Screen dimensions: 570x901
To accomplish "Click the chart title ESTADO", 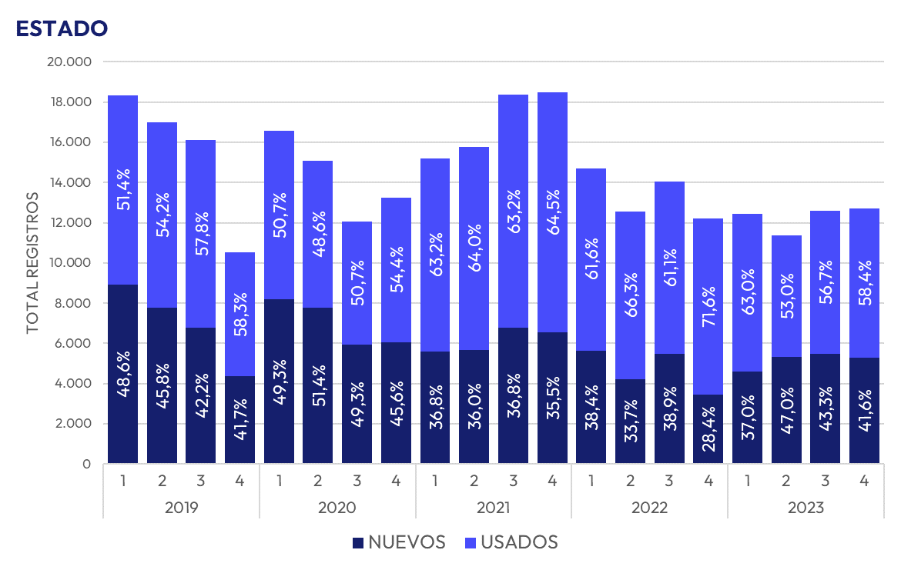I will tap(61, 28).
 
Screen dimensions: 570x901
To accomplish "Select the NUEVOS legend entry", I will tap(399, 542).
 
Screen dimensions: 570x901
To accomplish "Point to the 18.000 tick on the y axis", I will tap(69, 102).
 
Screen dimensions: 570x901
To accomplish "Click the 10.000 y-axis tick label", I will tap(69, 263).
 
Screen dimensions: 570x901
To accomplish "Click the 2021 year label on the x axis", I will tap(493, 508).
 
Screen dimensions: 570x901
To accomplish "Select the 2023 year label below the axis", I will tap(805, 508).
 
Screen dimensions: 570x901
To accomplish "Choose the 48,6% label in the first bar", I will tap(122, 375).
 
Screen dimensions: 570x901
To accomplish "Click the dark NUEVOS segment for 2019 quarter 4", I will tap(239, 400).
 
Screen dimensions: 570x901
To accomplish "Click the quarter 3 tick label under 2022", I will tap(669, 481).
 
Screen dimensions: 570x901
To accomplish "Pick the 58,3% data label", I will tap(239, 316).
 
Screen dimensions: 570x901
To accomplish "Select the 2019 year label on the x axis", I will tap(181, 508).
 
